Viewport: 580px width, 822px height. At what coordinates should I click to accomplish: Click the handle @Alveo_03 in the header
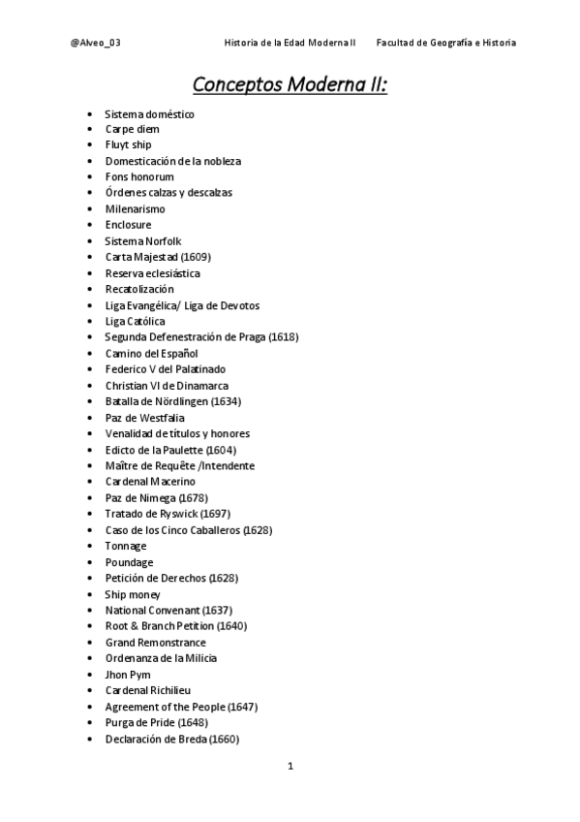coord(96,43)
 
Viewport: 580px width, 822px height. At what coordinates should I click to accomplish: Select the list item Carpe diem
coord(133,129)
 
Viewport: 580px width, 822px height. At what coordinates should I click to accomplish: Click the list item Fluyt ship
coord(129,144)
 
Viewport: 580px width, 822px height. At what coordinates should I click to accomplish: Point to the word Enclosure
coord(129,225)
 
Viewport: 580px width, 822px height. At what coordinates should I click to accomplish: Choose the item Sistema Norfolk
coord(143,240)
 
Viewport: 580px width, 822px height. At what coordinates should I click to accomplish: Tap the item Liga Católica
coord(136,321)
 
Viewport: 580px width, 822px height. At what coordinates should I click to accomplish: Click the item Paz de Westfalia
coord(145,418)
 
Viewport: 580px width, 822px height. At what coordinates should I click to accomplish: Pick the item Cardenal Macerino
coord(150,482)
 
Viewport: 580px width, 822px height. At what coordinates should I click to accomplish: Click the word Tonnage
coord(126,546)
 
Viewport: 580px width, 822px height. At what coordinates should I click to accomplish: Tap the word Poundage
coord(130,562)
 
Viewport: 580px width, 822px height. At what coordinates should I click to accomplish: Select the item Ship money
coord(133,594)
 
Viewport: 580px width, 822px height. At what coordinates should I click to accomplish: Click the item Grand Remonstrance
coord(156,643)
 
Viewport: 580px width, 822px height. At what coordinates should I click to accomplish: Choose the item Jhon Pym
coord(128,675)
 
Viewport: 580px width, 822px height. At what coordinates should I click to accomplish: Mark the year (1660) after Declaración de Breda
coord(224,739)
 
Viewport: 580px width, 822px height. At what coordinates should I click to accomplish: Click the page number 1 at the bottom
coord(290,766)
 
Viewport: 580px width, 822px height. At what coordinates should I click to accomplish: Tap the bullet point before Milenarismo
coord(90,208)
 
